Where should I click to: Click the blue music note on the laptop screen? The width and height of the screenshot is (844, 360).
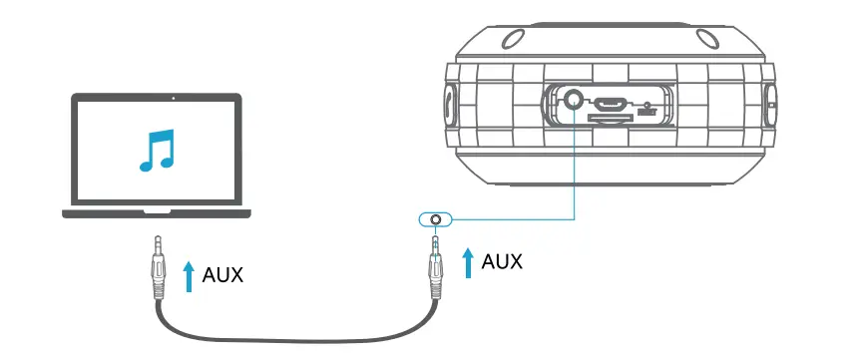coord(157,150)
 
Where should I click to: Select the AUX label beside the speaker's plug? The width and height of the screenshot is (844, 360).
coord(503,261)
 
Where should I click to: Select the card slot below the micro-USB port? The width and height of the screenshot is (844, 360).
coord(609,118)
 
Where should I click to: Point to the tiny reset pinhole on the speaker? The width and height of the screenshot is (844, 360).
coord(647,104)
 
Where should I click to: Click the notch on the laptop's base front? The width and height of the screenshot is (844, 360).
coord(158,212)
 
